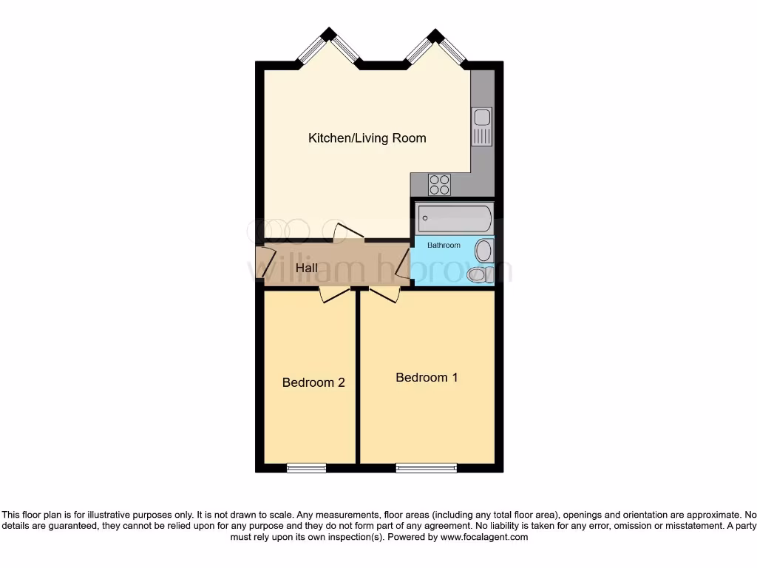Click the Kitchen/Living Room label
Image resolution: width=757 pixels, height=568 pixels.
coord(367,138)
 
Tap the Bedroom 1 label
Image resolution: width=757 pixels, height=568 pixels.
coord(427,377)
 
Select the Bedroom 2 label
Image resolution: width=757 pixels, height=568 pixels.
coord(313,382)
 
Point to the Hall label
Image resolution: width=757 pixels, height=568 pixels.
coord(307,268)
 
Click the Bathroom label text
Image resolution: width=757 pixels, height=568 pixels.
coord(444,245)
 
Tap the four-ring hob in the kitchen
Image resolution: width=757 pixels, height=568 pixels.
coord(439,183)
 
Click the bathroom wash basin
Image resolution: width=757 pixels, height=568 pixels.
coord(483,251)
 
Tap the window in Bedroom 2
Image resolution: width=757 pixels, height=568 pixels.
coord(306,467)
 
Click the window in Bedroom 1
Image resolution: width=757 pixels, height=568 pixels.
coord(426,467)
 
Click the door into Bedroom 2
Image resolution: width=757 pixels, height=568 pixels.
coord(334,294)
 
